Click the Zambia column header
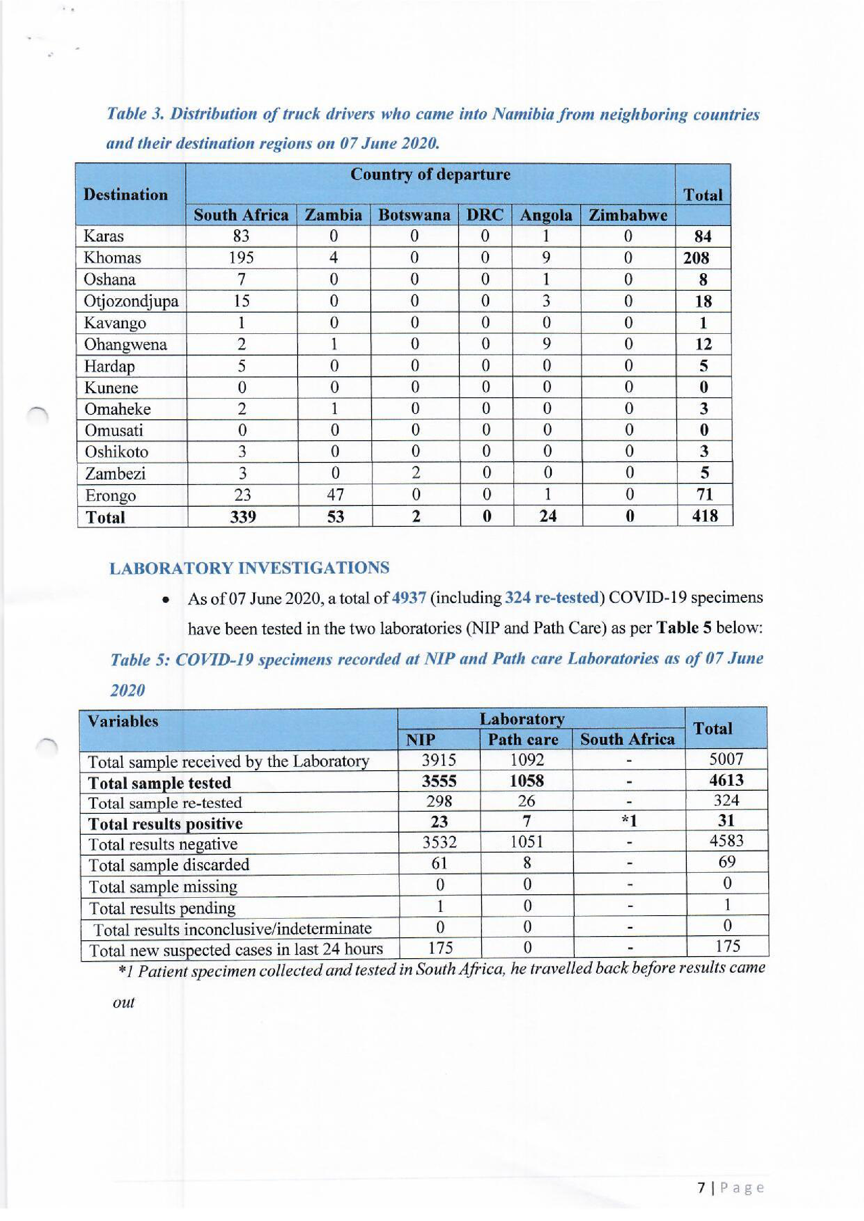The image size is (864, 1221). [x=333, y=216]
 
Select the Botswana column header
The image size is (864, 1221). [x=414, y=216]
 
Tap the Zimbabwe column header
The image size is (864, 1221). [x=628, y=216]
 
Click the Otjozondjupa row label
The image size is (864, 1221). [x=131, y=302]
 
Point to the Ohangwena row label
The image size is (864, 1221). [x=125, y=345]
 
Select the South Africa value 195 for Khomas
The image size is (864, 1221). [x=241, y=258]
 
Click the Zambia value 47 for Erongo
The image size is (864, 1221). [x=335, y=495]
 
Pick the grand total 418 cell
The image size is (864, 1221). [x=704, y=516]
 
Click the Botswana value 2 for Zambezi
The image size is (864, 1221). [x=415, y=473]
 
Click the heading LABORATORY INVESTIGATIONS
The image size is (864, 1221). [x=249, y=568]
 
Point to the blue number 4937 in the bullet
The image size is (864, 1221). [x=408, y=598]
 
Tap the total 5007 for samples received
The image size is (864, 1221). [x=726, y=759]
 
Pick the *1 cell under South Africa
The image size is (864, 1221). [x=629, y=822]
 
